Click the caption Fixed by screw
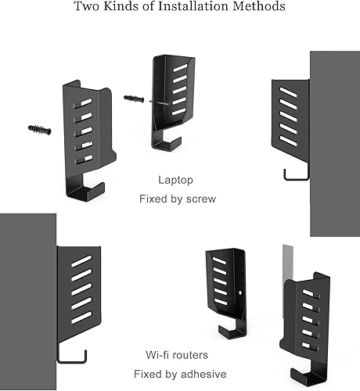click(177, 199)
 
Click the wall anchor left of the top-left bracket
click(38, 129)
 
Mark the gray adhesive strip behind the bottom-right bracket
click(286, 262)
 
